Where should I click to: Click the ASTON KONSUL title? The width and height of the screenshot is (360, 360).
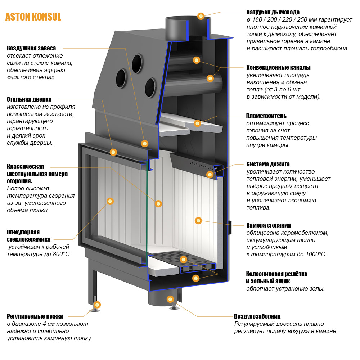33,17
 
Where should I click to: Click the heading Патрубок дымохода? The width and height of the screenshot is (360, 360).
273,12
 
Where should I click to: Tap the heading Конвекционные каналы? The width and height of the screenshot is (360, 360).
278,68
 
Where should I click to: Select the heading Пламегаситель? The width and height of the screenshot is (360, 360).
266,116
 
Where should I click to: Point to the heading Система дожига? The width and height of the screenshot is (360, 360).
268,164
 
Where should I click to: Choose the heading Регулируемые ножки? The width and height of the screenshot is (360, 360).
35,316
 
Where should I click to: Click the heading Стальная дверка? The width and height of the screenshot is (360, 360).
29,99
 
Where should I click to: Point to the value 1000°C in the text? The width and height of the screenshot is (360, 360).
314,254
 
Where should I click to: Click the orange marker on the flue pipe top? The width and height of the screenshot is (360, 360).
201,16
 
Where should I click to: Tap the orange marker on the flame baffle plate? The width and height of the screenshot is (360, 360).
197,123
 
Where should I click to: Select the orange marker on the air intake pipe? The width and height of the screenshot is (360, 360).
170,299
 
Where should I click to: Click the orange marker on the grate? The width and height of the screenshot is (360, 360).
184,259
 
